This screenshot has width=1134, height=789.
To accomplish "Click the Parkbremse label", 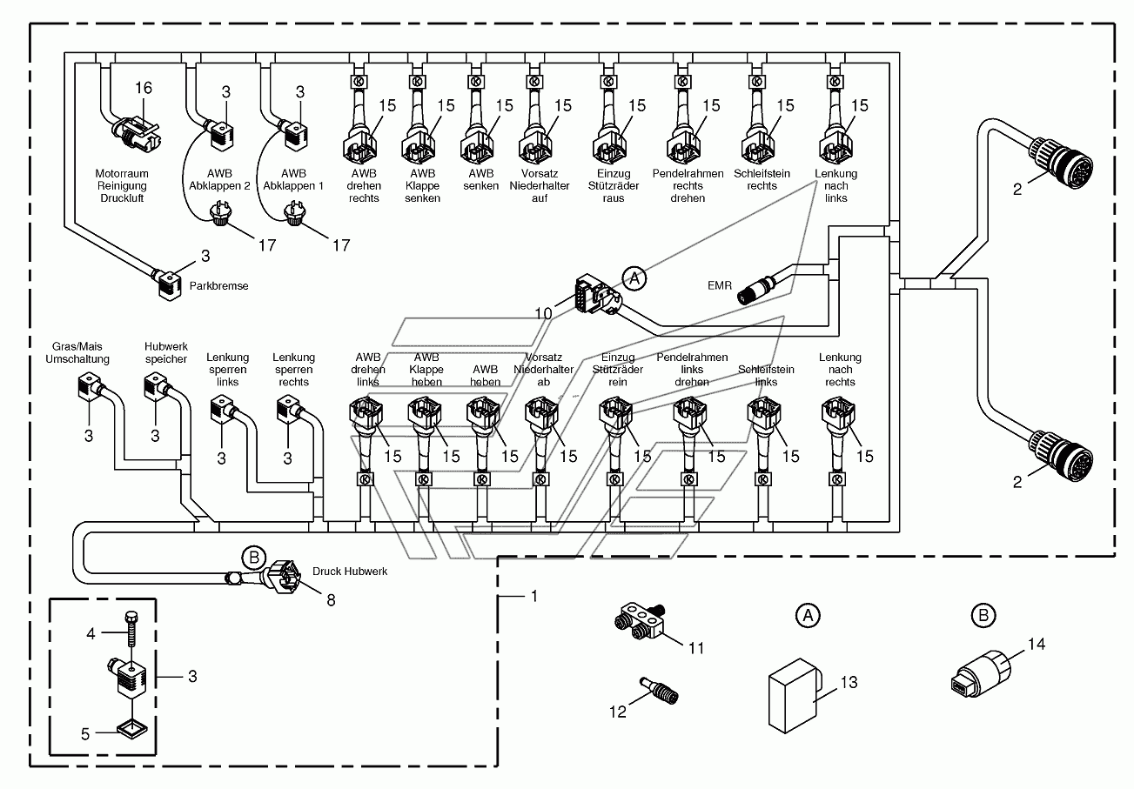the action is (x=218, y=286).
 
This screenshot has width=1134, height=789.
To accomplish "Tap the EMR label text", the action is (x=720, y=285).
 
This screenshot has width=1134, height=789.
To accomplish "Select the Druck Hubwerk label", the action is (x=350, y=571).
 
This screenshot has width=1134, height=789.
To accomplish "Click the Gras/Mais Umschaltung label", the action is (x=77, y=353).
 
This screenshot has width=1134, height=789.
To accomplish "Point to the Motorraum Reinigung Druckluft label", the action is (x=122, y=186).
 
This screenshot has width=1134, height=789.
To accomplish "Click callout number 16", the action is (x=144, y=88).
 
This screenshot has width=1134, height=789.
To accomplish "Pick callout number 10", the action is (x=544, y=314).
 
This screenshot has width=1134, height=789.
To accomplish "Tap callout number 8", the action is (x=331, y=599).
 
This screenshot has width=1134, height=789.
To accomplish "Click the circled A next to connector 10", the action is (x=634, y=277).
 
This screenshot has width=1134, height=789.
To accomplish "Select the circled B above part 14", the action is (x=983, y=615).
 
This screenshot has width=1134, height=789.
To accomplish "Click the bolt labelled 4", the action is (x=131, y=628).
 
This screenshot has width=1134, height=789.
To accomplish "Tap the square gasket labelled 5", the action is (x=132, y=730).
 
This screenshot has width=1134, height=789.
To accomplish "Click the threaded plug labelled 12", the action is (x=659, y=691).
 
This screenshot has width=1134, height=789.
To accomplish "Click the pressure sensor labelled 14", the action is (x=981, y=672).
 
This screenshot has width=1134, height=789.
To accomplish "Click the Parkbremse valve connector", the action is (x=168, y=285).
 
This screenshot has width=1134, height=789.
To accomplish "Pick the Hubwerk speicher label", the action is (x=166, y=353).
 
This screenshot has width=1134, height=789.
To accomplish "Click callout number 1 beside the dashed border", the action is (x=533, y=596).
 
